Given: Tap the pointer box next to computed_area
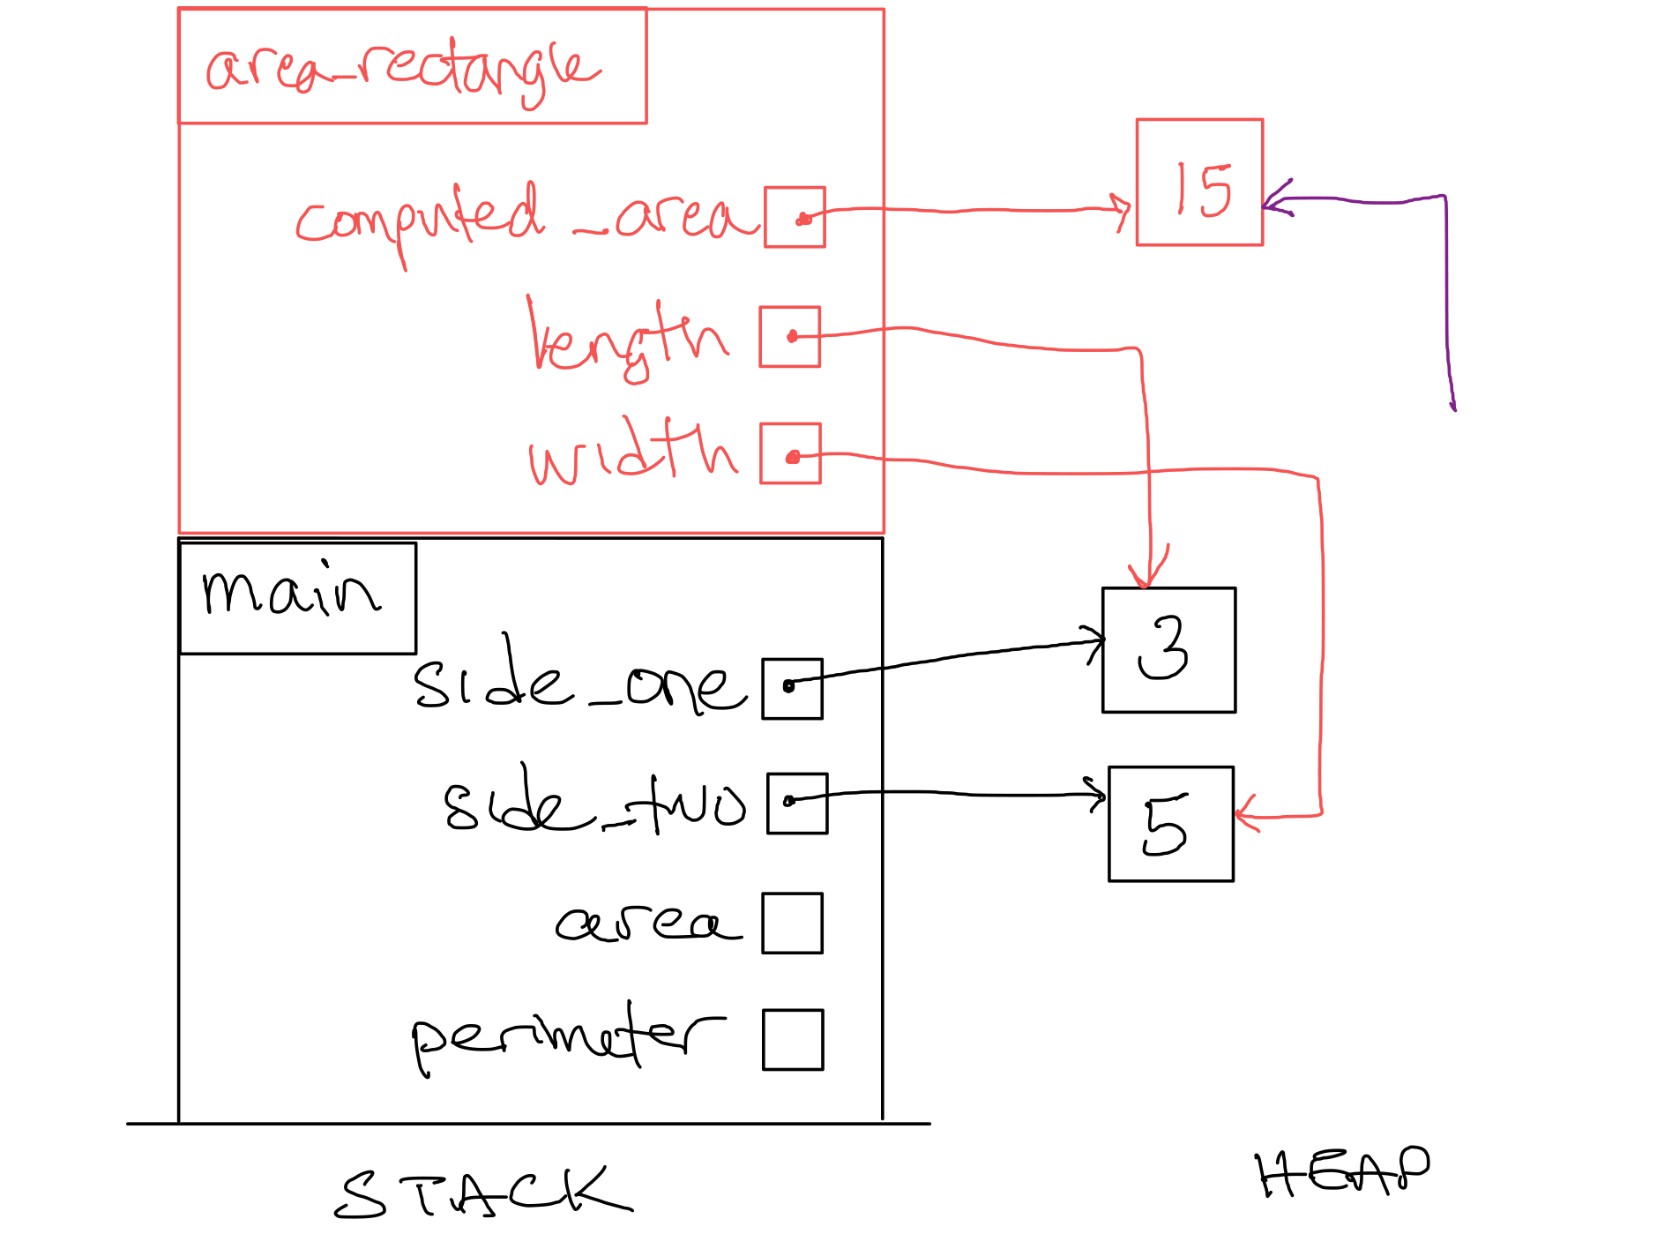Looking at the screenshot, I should click(x=795, y=217).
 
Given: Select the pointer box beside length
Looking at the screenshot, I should click(x=790, y=336).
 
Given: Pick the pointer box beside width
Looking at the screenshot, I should click(x=790, y=453).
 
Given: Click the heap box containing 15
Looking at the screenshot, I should click(x=1199, y=183).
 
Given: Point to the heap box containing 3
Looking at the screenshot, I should click(x=1168, y=650).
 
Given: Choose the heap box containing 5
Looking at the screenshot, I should click(x=1170, y=824).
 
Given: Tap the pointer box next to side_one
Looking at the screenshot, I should click(x=792, y=689).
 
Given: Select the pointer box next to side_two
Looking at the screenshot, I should click(x=797, y=804).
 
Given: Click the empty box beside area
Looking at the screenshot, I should click(x=792, y=924).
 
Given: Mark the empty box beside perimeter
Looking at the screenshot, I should click(x=793, y=1040).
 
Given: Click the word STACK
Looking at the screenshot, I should click(x=483, y=1193).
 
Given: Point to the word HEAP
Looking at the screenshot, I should click(x=1342, y=1173).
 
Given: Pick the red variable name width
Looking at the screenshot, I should click(x=631, y=452).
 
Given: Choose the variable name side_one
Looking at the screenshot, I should click(x=578, y=681).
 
